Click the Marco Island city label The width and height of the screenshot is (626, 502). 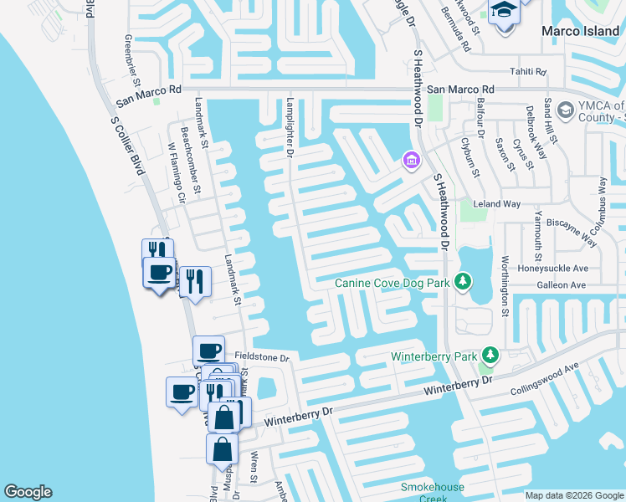tap(581, 31)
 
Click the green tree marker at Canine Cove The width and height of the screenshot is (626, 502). tap(461, 281)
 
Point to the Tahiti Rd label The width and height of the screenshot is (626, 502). tap(529, 72)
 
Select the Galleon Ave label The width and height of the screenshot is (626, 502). tap(566, 285)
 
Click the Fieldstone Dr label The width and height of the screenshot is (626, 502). tap(261, 357)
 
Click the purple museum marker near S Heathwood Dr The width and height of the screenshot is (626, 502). tap(410, 159)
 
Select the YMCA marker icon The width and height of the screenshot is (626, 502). tap(565, 110)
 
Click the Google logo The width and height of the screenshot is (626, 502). tap(28, 492)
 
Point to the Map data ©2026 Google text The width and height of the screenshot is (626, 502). tap(573, 495)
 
